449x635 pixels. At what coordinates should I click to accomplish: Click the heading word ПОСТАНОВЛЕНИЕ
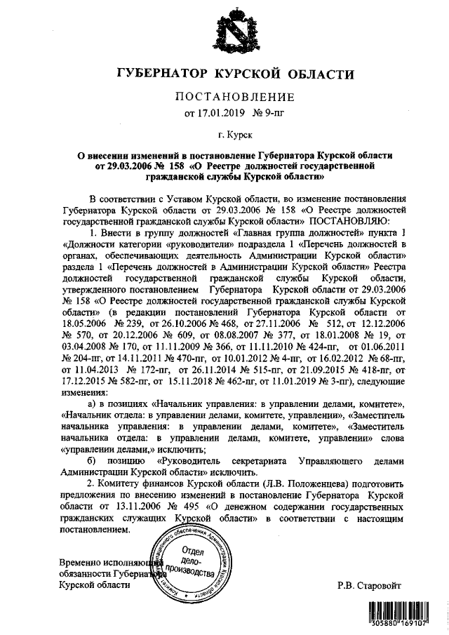[x=224, y=96]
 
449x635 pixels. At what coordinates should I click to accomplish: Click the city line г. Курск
[x=224, y=133]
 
